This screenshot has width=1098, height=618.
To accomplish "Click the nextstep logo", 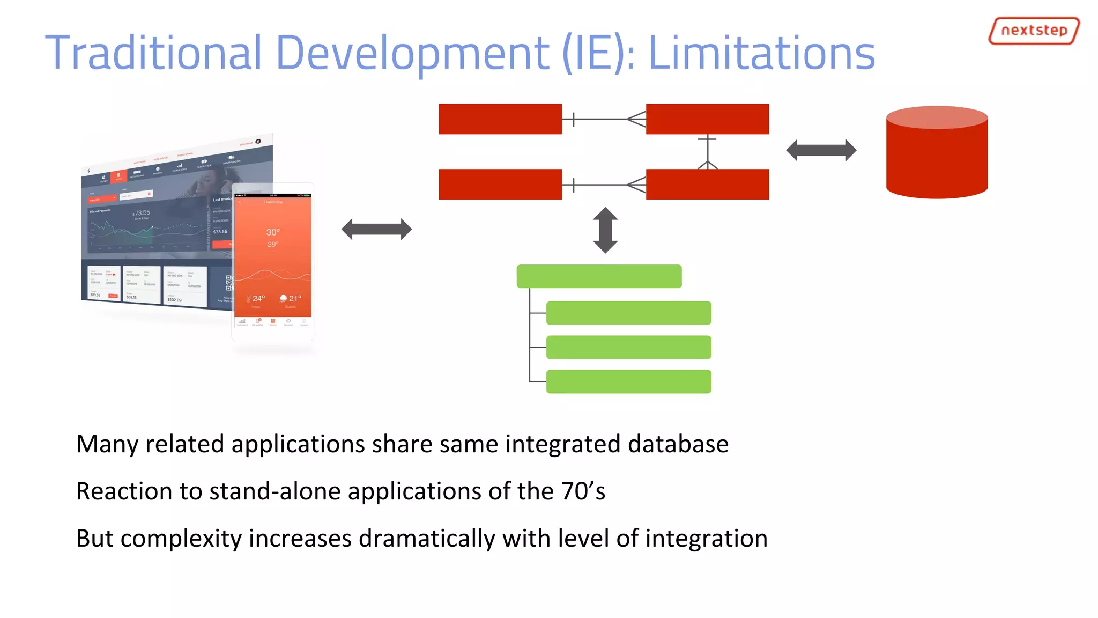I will [x=1033, y=31].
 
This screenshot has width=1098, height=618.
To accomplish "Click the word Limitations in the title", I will [x=761, y=53].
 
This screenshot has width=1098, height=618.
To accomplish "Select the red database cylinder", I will [x=936, y=153].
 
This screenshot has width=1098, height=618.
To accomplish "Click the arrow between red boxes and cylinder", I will [x=821, y=150].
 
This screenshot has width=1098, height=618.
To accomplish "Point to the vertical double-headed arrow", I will [x=605, y=230].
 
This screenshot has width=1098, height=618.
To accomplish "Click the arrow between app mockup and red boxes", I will [x=376, y=230].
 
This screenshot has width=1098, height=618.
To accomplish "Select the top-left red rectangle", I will [x=500, y=119].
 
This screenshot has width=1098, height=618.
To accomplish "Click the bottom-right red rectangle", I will [x=707, y=185].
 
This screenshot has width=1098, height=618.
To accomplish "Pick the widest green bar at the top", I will [x=599, y=276].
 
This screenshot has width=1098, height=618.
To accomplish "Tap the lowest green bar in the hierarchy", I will [x=628, y=381].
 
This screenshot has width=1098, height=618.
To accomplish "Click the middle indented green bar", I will [x=628, y=347].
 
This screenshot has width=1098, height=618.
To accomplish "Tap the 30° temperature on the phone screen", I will [x=273, y=232].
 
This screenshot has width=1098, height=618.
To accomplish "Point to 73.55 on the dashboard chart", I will [x=142, y=213].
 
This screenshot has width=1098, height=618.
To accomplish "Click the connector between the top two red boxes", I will [x=604, y=119].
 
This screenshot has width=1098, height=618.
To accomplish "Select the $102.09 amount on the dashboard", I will [x=174, y=300].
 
